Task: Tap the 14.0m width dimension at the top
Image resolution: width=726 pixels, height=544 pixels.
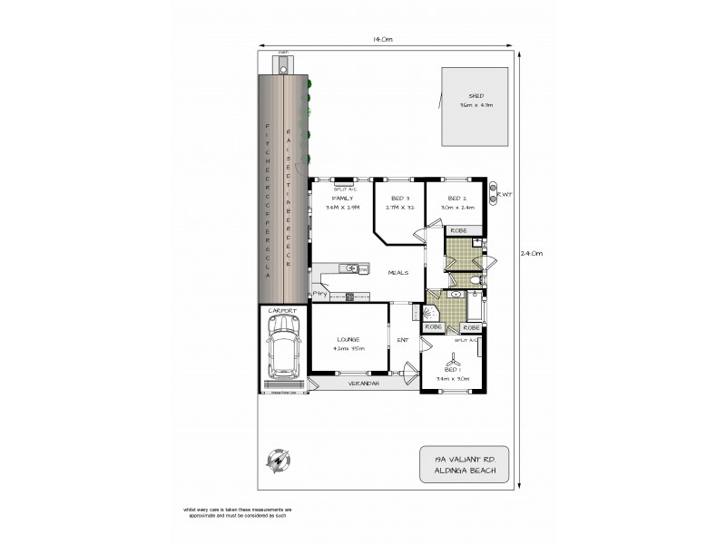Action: (381, 39)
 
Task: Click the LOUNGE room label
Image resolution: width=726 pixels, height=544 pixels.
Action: (349, 339)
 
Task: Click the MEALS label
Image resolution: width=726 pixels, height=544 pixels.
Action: (397, 272)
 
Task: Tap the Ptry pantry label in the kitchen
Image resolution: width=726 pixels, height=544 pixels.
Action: (319, 294)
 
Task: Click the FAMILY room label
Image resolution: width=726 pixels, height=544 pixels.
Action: (343, 198)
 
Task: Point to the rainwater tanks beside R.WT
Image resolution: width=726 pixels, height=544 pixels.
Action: (495, 192)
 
